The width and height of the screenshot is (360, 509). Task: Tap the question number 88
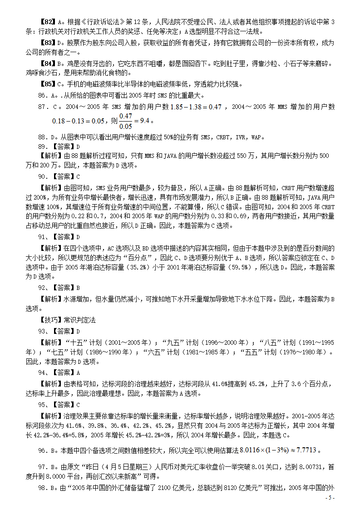click(43, 137)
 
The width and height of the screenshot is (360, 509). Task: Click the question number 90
click(43, 176)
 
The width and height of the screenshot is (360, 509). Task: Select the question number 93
click(43, 331)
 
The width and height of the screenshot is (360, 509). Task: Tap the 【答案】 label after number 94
click(63, 372)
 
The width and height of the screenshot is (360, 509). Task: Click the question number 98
click(43, 488)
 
